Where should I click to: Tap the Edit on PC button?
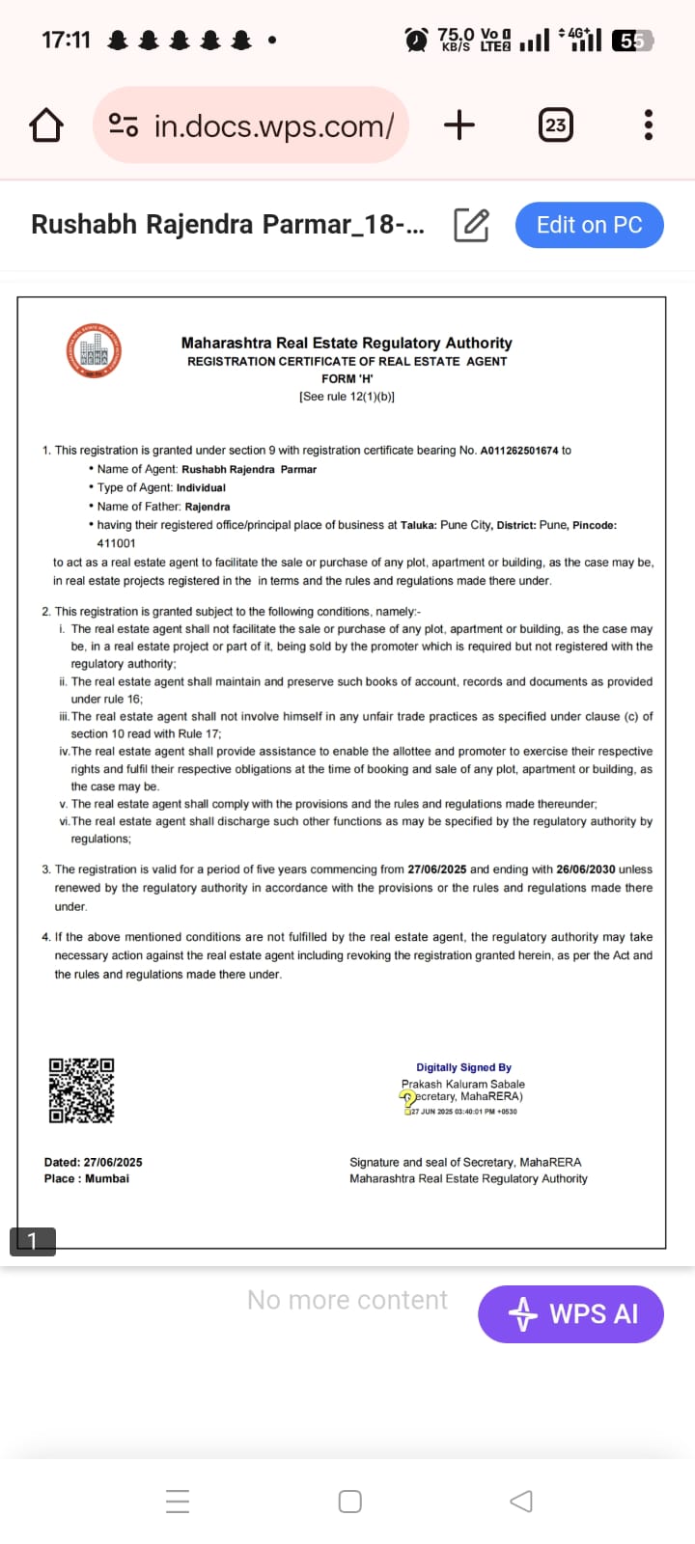pyautogui.click(x=589, y=225)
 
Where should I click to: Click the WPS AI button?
pyautogui.click(x=570, y=1313)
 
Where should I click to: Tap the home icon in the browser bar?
pyautogui.click(x=46, y=125)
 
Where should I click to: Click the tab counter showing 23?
pyautogui.click(x=555, y=124)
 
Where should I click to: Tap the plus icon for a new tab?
pyautogui.click(x=459, y=124)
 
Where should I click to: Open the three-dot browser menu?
pyautogui.click(x=648, y=124)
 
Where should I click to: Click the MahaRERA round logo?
pyautogui.click(x=94, y=351)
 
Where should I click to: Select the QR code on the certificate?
pyautogui.click(x=81, y=1090)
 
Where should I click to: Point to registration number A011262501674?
pyautogui.click(x=519, y=451)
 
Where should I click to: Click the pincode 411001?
pyautogui.click(x=117, y=543)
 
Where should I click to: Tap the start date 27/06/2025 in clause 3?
pyautogui.click(x=437, y=869)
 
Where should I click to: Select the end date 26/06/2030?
pyautogui.click(x=586, y=869)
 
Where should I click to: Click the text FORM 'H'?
pyautogui.click(x=347, y=379)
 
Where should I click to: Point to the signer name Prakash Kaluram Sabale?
pyautogui.click(x=463, y=1084)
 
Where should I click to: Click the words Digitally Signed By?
pyautogui.click(x=463, y=1067)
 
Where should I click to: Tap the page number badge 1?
pyautogui.click(x=32, y=1241)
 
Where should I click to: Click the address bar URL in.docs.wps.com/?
pyautogui.click(x=273, y=125)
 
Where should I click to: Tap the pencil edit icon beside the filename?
pyautogui.click(x=471, y=225)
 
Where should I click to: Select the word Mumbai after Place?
pyautogui.click(x=107, y=1178)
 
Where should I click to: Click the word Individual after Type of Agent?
pyautogui.click(x=201, y=488)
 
